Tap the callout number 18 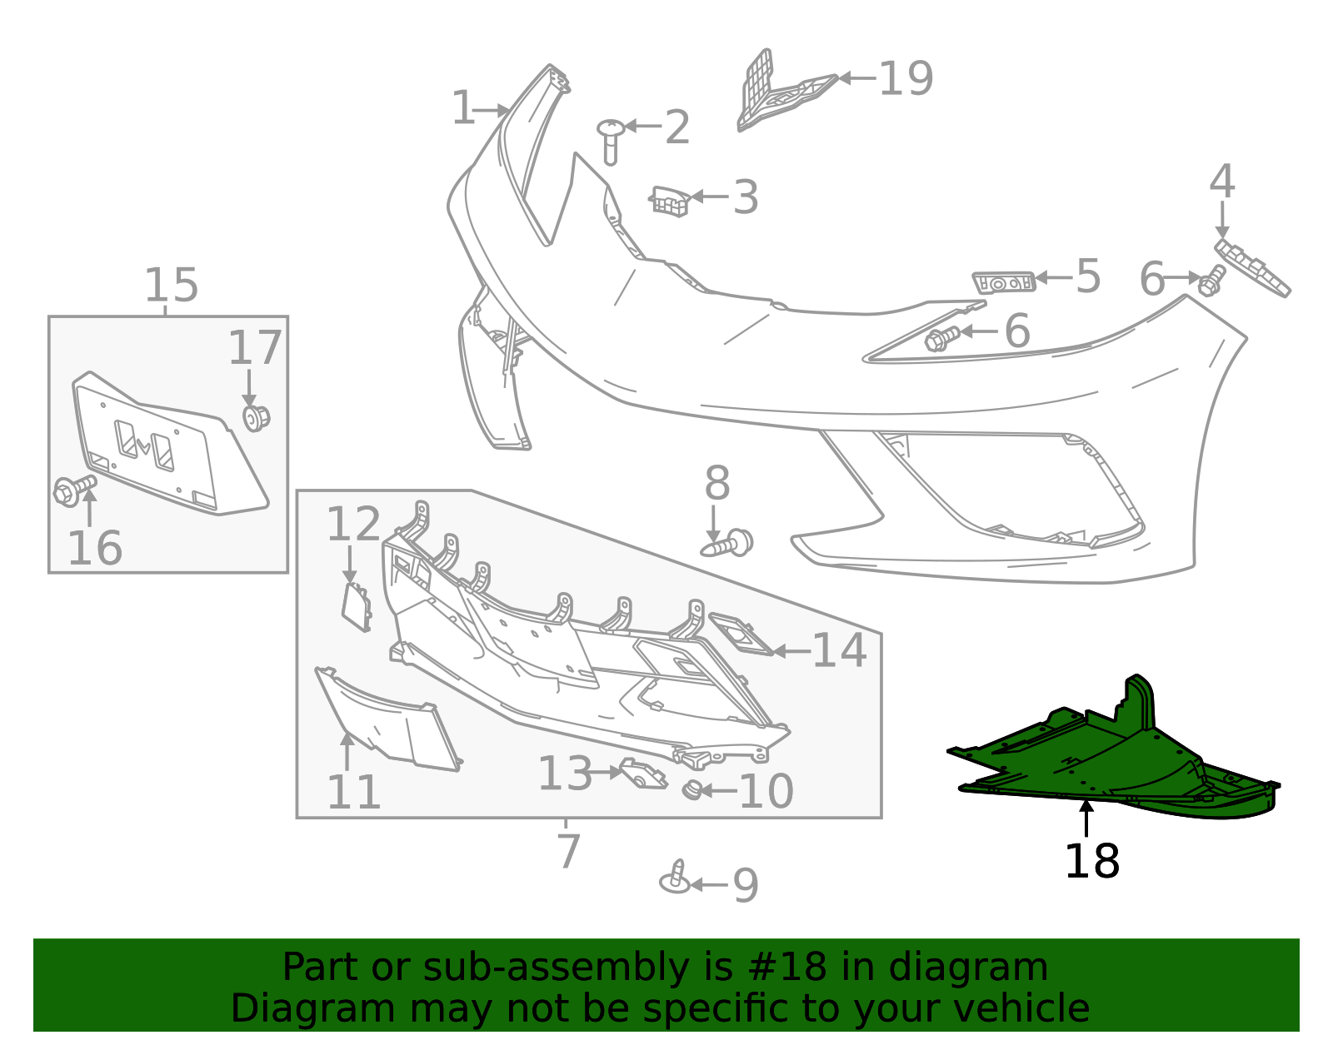(x=1091, y=862)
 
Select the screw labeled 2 (x=611, y=139)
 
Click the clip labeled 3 (x=670, y=201)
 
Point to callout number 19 (x=906, y=79)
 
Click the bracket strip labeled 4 (x=1252, y=267)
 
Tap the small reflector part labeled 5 (x=1004, y=282)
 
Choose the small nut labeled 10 (x=691, y=789)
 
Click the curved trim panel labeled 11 (x=387, y=720)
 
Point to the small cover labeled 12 (x=357, y=605)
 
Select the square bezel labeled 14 (x=741, y=634)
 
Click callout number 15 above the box (x=172, y=286)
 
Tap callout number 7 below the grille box (x=568, y=851)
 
